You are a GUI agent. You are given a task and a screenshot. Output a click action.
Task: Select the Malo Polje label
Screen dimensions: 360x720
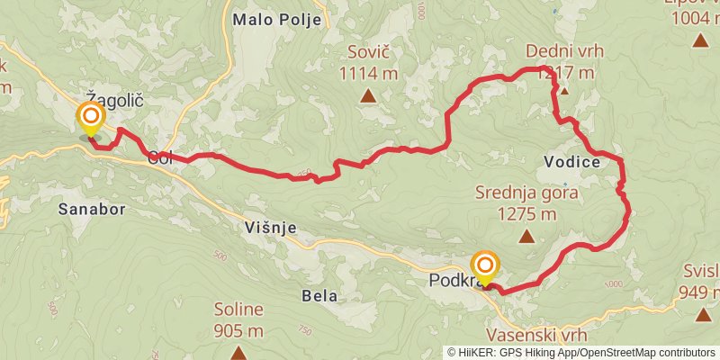point(276,20)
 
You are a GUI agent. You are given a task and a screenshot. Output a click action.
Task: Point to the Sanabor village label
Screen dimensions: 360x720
point(91,209)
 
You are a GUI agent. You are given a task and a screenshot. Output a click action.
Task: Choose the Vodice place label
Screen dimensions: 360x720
point(572,162)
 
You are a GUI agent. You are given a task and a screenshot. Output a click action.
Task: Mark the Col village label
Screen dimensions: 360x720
point(159,158)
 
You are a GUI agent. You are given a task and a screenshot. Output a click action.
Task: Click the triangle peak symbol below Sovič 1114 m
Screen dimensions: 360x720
point(368,94)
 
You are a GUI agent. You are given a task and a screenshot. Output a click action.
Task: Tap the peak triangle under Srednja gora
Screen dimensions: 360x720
point(526,236)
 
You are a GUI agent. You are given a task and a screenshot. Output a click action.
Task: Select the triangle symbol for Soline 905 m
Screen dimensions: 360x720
point(238,352)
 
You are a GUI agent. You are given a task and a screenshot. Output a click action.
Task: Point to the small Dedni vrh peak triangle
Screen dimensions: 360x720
point(564,90)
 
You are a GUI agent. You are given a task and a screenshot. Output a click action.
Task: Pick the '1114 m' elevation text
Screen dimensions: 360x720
point(368,72)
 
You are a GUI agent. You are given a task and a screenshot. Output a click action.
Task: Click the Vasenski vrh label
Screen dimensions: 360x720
point(541,335)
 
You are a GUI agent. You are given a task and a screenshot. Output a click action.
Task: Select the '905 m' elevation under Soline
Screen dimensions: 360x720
point(238,330)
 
